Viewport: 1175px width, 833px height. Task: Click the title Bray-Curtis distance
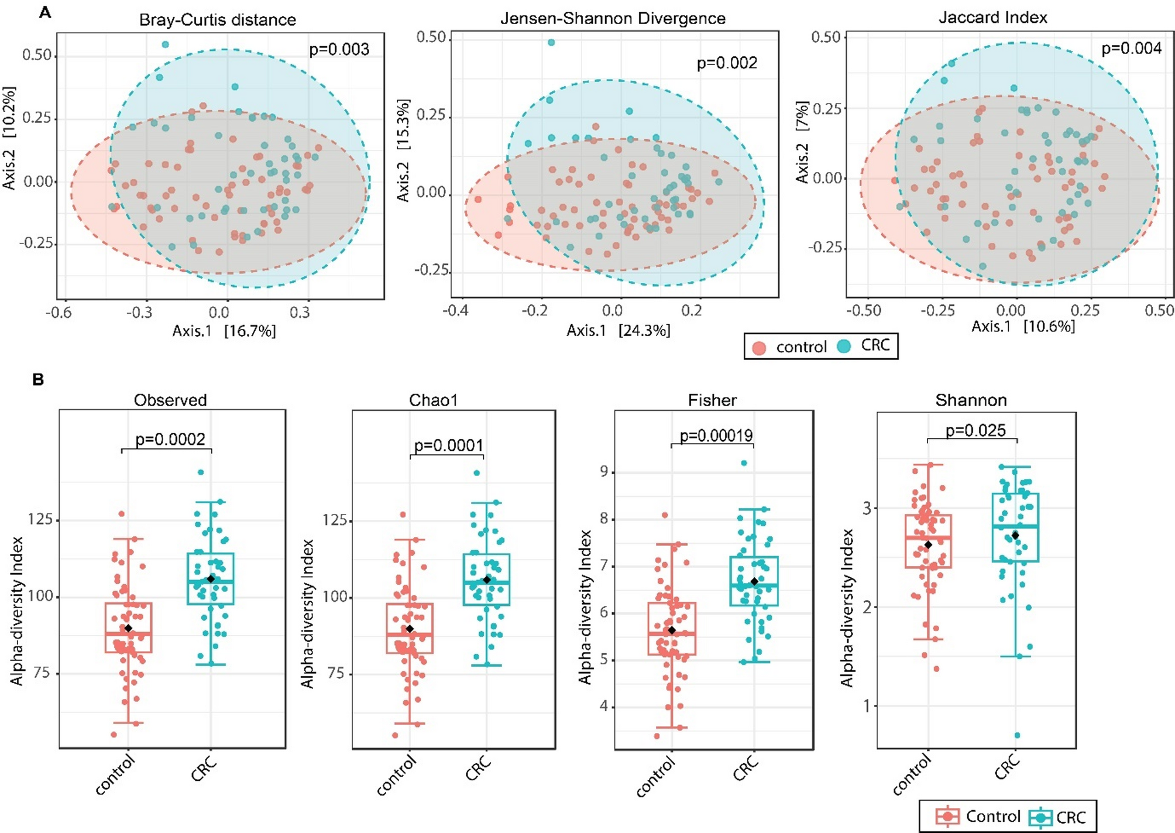217,20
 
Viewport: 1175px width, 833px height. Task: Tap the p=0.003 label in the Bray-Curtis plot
339,49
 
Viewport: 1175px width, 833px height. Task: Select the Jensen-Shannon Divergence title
613,19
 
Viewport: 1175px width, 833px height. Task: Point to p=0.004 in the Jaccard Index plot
1131,48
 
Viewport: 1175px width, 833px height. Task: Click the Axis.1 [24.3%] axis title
618,331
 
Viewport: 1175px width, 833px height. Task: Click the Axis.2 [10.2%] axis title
9,138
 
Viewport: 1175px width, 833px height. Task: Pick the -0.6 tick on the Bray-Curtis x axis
59,312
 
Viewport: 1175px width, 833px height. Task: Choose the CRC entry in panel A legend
874,345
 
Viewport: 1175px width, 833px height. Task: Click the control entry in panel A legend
800,347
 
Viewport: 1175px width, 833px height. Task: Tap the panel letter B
38,380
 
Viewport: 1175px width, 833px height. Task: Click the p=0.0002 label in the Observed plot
170,440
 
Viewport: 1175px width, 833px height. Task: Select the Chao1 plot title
433,400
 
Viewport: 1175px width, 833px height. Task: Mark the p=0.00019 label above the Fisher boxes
716,436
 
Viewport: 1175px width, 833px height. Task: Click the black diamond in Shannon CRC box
1015,535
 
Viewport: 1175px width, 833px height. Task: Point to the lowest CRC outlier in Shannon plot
1017,735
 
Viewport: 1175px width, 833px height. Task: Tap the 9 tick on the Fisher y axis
604,472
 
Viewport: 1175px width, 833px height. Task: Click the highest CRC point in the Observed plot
201,472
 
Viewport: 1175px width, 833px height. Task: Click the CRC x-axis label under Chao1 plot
479,768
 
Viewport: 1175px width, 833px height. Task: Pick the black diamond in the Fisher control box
672,630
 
